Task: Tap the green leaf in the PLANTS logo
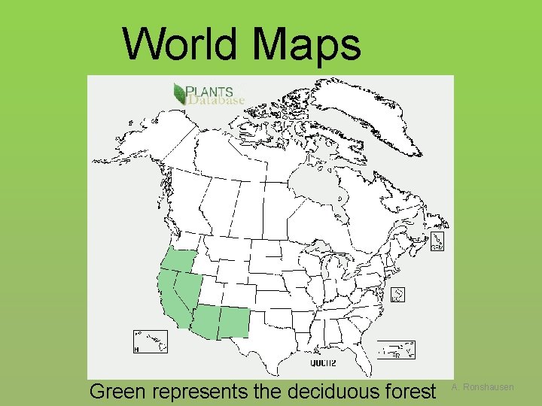click(179, 93)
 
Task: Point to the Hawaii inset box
click(150, 342)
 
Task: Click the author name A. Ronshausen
click(483, 387)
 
